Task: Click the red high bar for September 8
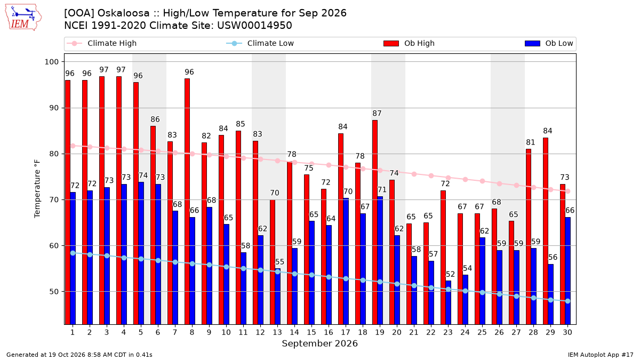187,202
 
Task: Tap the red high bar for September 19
375,222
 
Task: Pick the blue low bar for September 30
567,271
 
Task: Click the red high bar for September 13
273,262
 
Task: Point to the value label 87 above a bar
377,114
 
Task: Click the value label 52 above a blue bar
450,274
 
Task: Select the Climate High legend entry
101,43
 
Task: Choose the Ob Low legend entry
549,43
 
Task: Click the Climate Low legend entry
260,43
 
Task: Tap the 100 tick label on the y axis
51,62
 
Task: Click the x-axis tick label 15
311,332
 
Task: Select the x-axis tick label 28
533,332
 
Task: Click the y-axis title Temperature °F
37,189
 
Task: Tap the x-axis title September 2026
319,343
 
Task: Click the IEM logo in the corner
23,18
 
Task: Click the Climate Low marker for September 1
73,253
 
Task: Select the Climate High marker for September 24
465,179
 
